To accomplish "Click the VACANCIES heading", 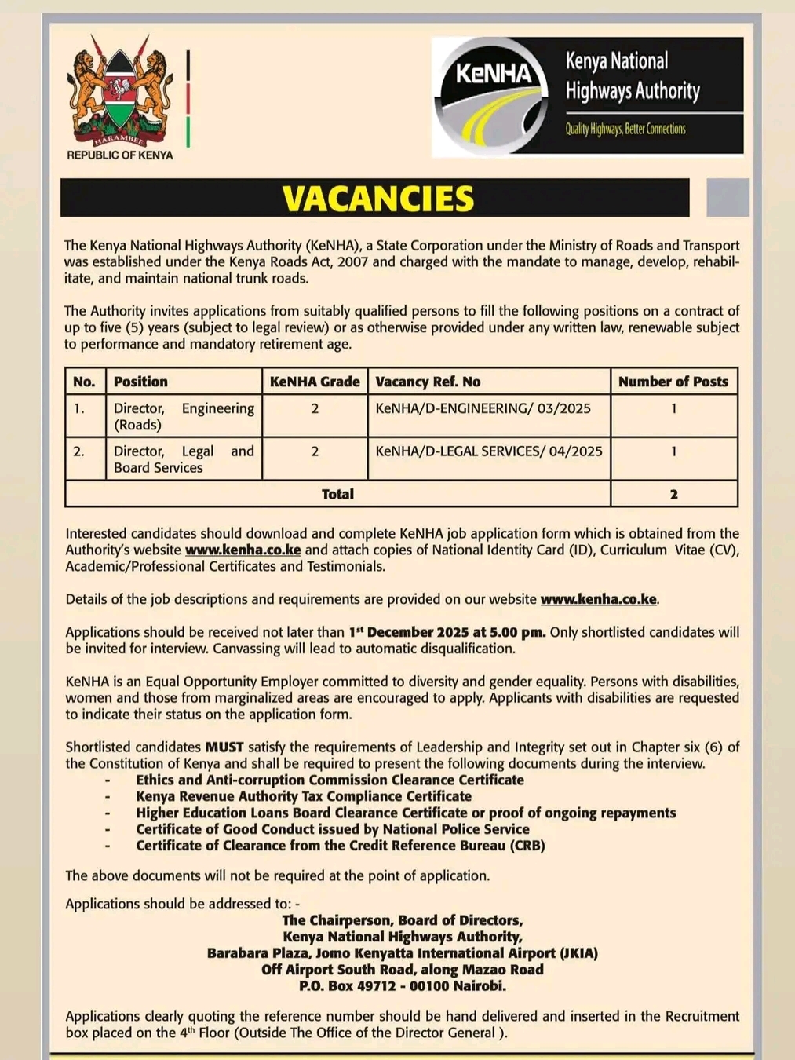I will click(x=377, y=199).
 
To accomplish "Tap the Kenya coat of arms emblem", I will click(x=119, y=93).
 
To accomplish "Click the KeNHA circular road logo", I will click(x=494, y=97).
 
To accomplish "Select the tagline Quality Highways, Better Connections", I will click(x=625, y=129).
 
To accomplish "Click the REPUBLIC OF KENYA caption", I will click(x=119, y=155).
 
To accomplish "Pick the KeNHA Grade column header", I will click(x=315, y=382).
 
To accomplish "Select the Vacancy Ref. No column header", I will click(x=428, y=382).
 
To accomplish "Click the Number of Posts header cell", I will click(x=673, y=382).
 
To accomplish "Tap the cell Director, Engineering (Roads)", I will click(x=184, y=416).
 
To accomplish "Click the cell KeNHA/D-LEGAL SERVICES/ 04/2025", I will click(x=489, y=451).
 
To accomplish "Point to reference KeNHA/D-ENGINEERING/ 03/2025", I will click(x=483, y=408).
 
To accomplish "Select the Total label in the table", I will click(x=337, y=494).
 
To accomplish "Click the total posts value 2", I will click(x=673, y=494).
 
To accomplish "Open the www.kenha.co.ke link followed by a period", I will click(x=598, y=599).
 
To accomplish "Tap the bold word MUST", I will click(x=224, y=747).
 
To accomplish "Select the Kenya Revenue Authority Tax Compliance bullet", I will click(x=304, y=796).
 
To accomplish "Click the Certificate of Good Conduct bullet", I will click(x=332, y=829).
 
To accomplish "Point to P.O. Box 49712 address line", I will click(x=403, y=986).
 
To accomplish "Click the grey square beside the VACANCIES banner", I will click(x=728, y=198).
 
